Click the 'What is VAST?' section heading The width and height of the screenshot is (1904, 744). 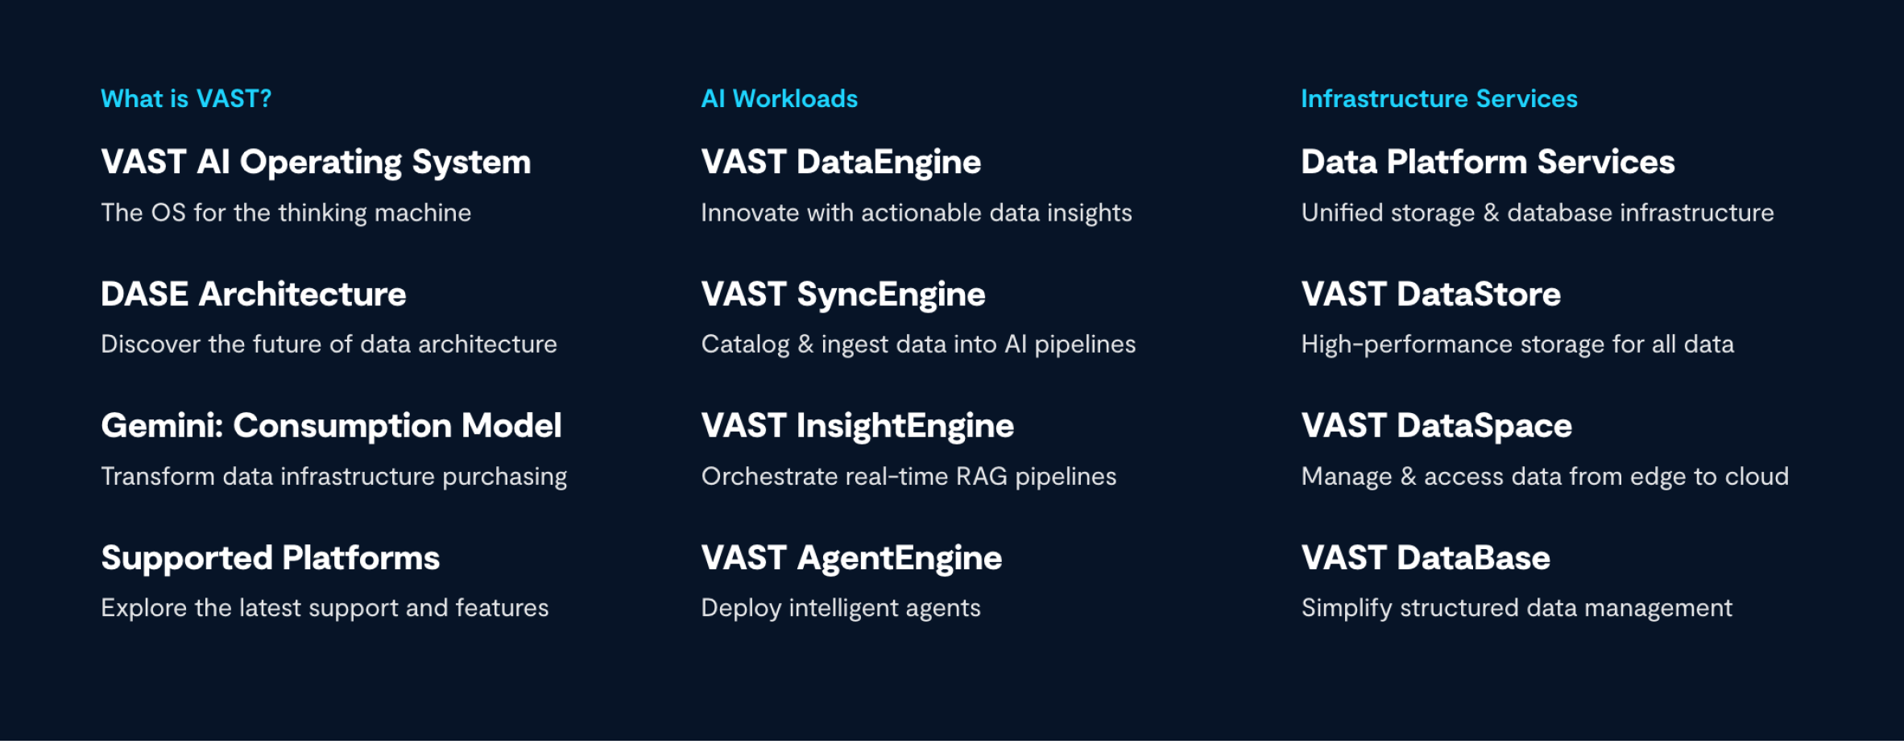[186, 99]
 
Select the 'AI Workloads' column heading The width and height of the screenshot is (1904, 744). [780, 99]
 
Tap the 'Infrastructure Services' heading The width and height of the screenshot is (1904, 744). [1439, 99]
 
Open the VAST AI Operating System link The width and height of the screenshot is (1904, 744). [316, 163]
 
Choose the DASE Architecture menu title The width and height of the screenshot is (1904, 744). [254, 294]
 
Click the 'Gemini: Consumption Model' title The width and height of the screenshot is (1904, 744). [331, 427]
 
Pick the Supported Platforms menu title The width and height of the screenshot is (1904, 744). [271, 559]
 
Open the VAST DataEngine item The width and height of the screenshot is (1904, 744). [841, 163]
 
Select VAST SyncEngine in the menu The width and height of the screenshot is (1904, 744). [843, 296]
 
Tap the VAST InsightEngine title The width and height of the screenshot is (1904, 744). [858, 427]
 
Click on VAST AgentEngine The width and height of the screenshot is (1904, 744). [851, 559]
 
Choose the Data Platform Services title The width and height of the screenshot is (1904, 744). [1488, 162]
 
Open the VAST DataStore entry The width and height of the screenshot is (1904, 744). [1431, 294]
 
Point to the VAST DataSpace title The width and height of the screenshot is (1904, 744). [1437, 427]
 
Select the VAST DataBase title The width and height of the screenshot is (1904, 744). [1426, 558]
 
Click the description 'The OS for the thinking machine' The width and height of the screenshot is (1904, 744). [286, 213]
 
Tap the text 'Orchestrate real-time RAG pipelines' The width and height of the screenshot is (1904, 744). [909, 477]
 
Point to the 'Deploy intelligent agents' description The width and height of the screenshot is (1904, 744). [841, 609]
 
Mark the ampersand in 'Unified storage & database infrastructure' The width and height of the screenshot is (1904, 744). [1491, 213]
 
